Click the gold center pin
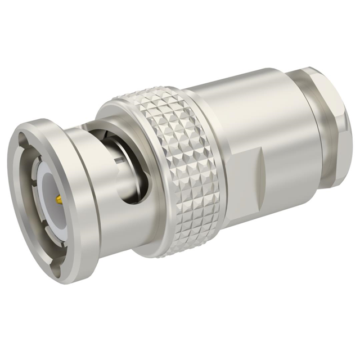click(58, 199)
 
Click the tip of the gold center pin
click(56, 199)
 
